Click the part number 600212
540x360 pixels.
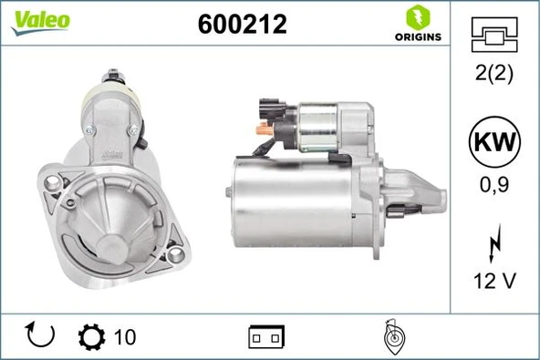tap(242, 25)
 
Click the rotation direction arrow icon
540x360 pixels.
tap(40, 336)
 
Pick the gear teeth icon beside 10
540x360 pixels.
tap(91, 336)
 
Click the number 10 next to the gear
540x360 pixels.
tap(125, 337)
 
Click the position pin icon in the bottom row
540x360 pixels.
tap(394, 336)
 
